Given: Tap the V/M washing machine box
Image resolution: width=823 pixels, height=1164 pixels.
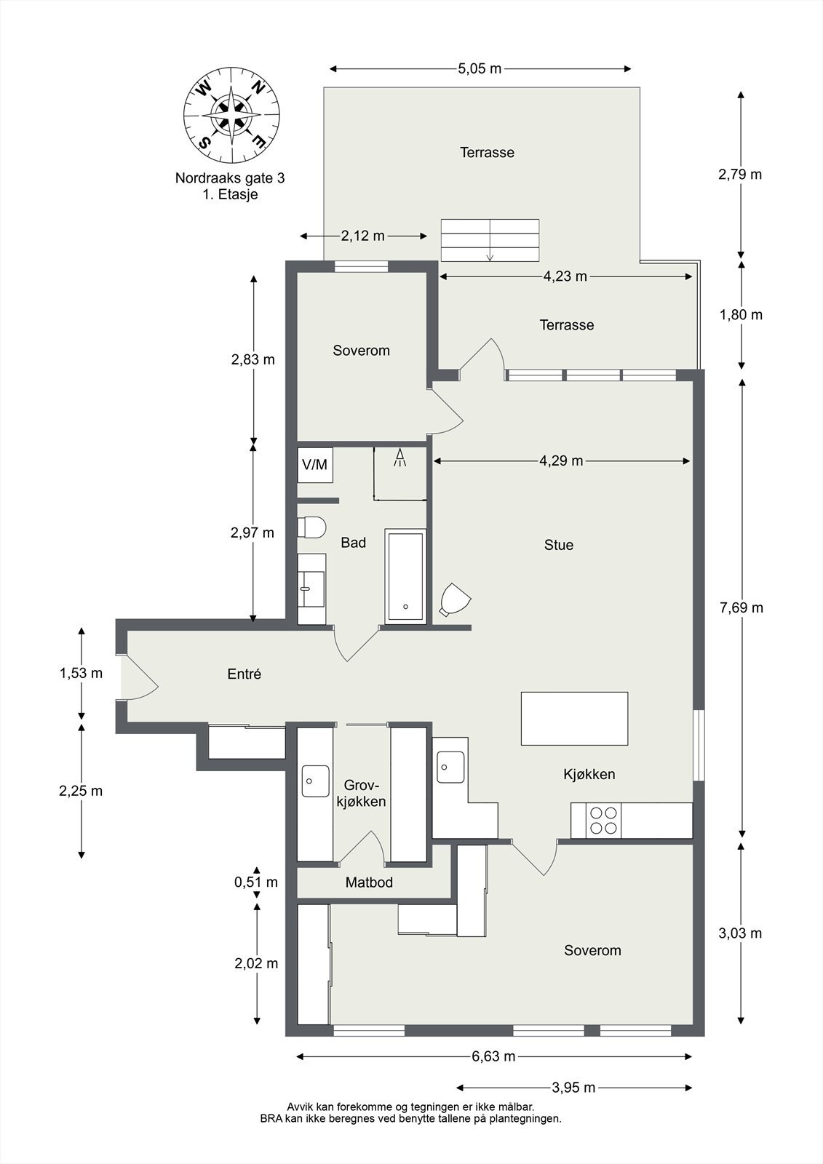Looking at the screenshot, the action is click(x=315, y=465).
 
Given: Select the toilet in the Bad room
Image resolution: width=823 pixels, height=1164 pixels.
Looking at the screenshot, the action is click(x=311, y=527).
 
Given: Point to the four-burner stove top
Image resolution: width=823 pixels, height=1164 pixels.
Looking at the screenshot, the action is click(x=603, y=820).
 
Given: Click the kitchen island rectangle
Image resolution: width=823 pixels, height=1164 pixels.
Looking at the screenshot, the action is click(x=574, y=718).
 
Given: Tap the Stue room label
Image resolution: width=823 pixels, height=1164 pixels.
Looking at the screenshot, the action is click(x=559, y=545).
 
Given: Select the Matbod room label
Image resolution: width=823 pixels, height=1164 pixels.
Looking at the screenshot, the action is click(x=369, y=882).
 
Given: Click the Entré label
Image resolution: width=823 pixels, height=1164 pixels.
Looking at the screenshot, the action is click(x=244, y=674).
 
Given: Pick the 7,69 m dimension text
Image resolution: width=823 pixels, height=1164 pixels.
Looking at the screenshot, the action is click(x=742, y=607).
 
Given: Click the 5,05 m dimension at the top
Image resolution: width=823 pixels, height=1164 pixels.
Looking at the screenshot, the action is click(x=480, y=68).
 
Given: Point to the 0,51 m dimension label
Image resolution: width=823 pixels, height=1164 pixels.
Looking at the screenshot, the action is click(x=256, y=882).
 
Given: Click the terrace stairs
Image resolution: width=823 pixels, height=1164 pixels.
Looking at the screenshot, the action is click(x=490, y=240).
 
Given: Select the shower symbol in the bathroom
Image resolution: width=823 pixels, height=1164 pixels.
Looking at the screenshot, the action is click(x=399, y=458).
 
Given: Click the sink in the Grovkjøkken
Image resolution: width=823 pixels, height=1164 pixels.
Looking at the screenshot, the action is click(x=316, y=781).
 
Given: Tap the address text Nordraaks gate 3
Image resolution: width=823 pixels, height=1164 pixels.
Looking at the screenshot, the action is click(x=230, y=178).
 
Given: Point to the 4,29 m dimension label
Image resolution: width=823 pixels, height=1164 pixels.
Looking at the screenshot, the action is click(x=561, y=461).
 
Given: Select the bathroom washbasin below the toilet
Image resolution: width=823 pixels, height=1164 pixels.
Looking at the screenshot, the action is click(x=312, y=589).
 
